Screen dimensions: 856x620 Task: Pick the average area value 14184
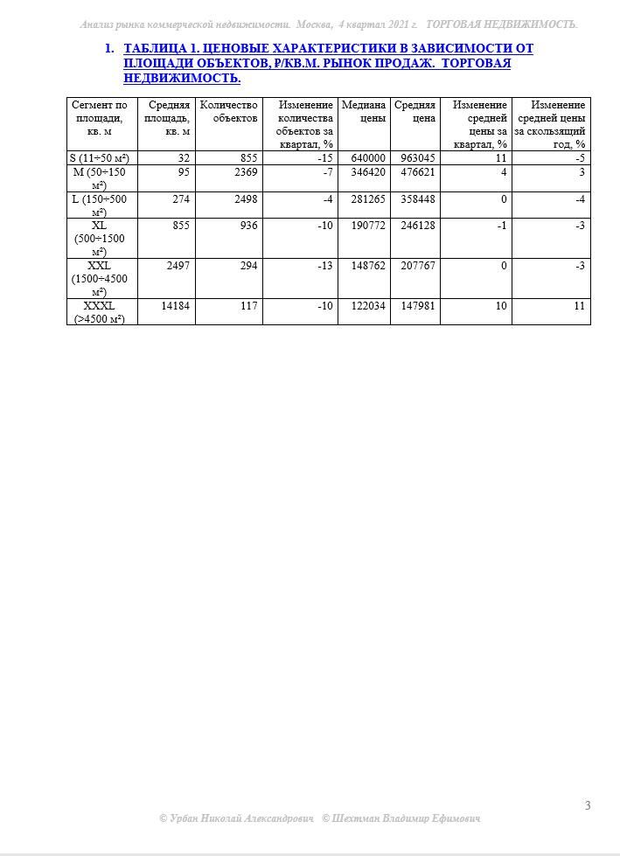tap(176, 306)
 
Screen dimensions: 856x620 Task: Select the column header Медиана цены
tap(364, 111)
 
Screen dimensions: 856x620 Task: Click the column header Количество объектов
tap(229, 111)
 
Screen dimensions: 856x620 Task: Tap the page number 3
tap(588, 805)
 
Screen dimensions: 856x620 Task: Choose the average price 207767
tap(417, 266)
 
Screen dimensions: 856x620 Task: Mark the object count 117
tap(247, 306)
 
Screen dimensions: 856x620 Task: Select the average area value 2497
tap(178, 266)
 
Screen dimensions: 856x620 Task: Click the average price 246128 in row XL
tap(417, 226)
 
